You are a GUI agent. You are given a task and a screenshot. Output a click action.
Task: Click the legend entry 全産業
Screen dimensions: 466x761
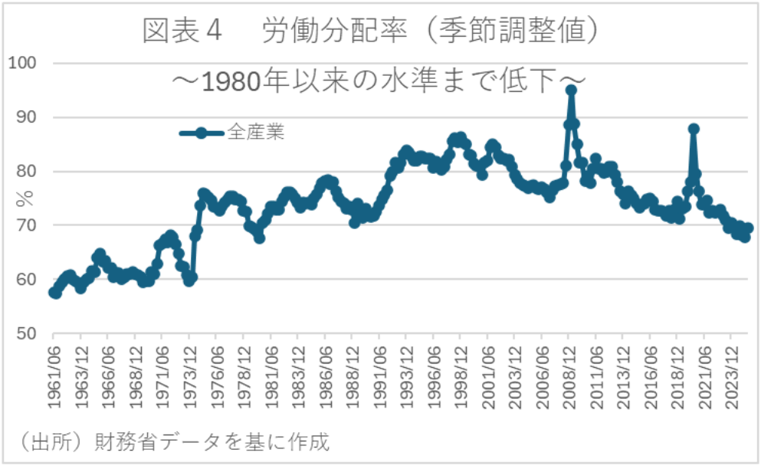pos(256,133)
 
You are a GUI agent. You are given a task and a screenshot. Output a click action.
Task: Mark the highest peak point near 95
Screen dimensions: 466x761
pos(571,90)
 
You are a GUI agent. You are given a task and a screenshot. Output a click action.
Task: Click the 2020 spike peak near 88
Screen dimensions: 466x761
pos(694,129)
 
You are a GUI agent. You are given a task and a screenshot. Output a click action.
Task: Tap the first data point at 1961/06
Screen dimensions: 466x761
pos(53,292)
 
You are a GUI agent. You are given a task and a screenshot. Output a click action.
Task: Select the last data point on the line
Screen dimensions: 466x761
pos(748,228)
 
